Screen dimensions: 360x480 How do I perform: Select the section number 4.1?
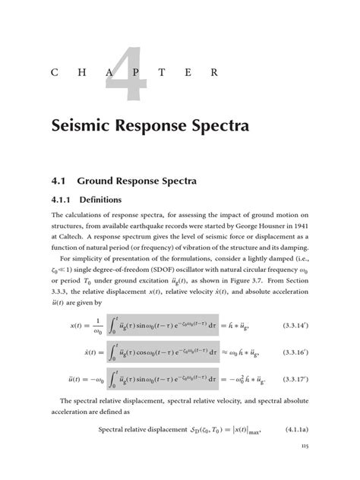(x=62, y=182)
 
